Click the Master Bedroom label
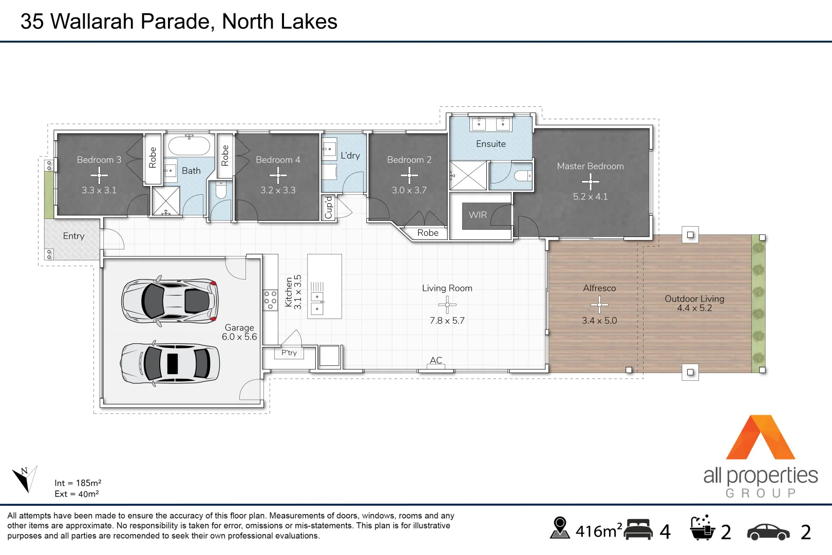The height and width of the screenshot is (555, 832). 590,166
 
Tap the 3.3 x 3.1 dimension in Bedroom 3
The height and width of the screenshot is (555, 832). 99,190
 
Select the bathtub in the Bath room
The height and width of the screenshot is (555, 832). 189,145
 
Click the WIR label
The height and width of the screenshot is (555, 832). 478,215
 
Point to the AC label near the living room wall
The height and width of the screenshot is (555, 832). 436,360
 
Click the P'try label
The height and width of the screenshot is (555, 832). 289,353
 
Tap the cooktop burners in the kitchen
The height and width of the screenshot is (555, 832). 270,300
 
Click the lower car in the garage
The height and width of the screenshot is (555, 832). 170,364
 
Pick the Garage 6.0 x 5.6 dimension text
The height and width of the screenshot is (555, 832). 239,337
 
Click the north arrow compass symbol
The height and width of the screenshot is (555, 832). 25,478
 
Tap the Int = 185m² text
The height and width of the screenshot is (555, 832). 78,483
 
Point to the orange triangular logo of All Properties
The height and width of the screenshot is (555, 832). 760,437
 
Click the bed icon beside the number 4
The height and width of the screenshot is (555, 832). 638,530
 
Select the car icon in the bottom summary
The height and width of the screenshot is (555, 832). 768,532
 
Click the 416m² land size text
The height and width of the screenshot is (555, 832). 599,531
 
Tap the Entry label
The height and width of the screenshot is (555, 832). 73,236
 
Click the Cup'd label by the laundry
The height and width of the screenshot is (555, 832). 329,208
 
